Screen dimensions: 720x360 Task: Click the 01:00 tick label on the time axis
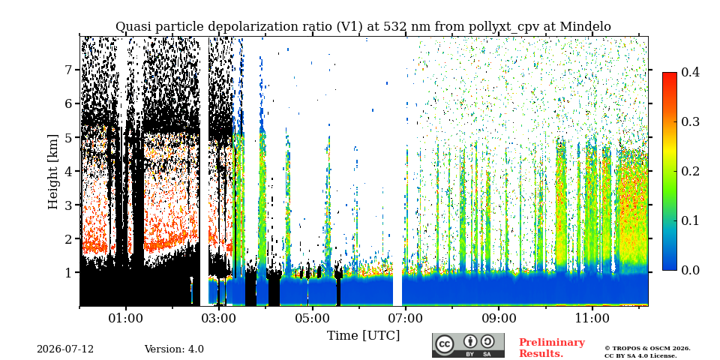pyautogui.click(x=126, y=318)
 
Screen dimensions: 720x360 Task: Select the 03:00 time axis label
pyautogui.click(x=219, y=318)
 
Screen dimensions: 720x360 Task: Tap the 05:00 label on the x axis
pyautogui.click(x=312, y=318)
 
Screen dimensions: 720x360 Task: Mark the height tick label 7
pyautogui.click(x=70, y=70)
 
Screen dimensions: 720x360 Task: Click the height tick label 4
pyautogui.click(x=70, y=171)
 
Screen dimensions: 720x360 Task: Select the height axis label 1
pyautogui.click(x=70, y=273)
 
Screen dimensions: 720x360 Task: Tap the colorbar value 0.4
pyautogui.click(x=690, y=72)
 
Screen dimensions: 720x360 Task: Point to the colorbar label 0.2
pyautogui.click(x=690, y=171)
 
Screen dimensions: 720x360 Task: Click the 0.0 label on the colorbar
pyautogui.click(x=690, y=270)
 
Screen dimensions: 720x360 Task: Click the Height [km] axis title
pyautogui.click(x=53, y=172)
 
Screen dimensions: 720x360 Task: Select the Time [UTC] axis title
pyautogui.click(x=363, y=336)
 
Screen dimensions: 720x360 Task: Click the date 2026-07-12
pyautogui.click(x=65, y=349)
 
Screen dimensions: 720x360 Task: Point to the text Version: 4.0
pyautogui.click(x=174, y=349)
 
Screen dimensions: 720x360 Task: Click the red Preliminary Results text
pyautogui.click(x=552, y=348)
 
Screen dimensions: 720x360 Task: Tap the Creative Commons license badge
pyautogui.click(x=468, y=345)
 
